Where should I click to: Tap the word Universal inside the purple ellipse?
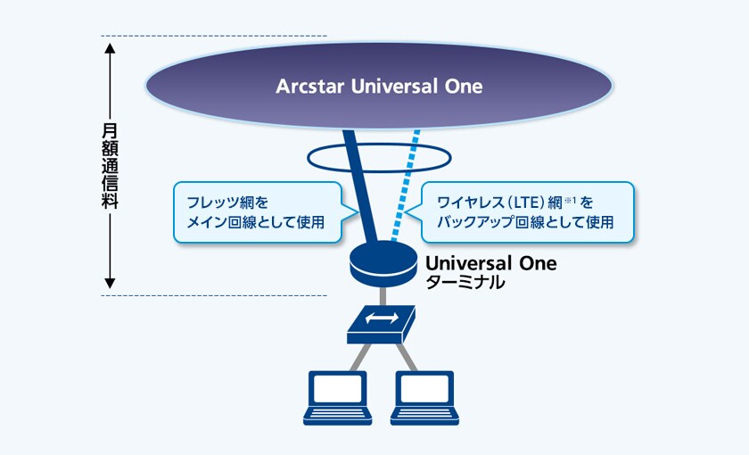pyautogui.click(x=394, y=87)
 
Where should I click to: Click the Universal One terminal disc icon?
pyautogui.click(x=383, y=263)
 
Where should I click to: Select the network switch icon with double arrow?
pyautogui.click(x=381, y=325)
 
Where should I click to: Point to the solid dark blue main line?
pyautogui.click(x=359, y=186)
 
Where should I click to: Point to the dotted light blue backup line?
pyautogui.click(x=405, y=186)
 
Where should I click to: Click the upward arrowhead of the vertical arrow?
pyautogui.click(x=110, y=48)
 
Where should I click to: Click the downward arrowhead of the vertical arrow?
pyautogui.click(x=110, y=284)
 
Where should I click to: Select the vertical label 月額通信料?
pyautogui.click(x=110, y=166)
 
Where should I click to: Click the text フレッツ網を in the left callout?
pyautogui.click(x=227, y=203)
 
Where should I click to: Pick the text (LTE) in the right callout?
pyautogui.click(x=526, y=203)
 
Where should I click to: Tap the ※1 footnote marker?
pyautogui.click(x=571, y=200)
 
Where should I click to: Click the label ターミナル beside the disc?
pyautogui.click(x=465, y=283)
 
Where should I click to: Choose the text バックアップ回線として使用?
pyautogui.click(x=525, y=222)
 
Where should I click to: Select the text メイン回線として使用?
pyautogui.click(x=256, y=222)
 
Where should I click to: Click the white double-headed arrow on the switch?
pyautogui.click(x=382, y=318)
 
